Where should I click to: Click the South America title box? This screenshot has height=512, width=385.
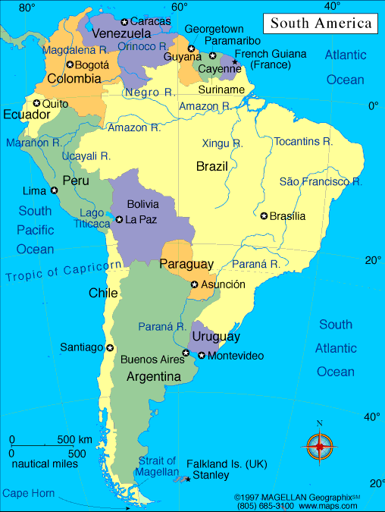coord(321,23)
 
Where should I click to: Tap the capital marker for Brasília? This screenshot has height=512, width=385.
coord(264,216)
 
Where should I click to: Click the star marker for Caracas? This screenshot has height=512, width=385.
coord(124,21)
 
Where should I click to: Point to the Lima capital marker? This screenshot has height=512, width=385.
coord(55,190)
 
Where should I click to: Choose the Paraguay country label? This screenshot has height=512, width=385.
coord(186,264)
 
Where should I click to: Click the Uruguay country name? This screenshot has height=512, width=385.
coord(216,336)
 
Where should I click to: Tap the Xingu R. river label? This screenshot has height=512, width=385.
coord(222,143)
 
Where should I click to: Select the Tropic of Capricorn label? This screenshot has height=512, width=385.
coord(64,271)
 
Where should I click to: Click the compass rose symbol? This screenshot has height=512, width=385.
coord(320,447)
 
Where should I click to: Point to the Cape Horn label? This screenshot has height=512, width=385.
coord(29,493)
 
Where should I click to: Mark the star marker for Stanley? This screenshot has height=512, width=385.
coord(187,479)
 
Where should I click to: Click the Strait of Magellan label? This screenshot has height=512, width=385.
coord(157,466)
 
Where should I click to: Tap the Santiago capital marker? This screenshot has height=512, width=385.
coord(110,347)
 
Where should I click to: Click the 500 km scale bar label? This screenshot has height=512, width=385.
coord(75,439)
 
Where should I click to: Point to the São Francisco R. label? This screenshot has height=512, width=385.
coord(321,181)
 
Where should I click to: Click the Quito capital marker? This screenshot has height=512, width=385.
coord(36,103)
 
